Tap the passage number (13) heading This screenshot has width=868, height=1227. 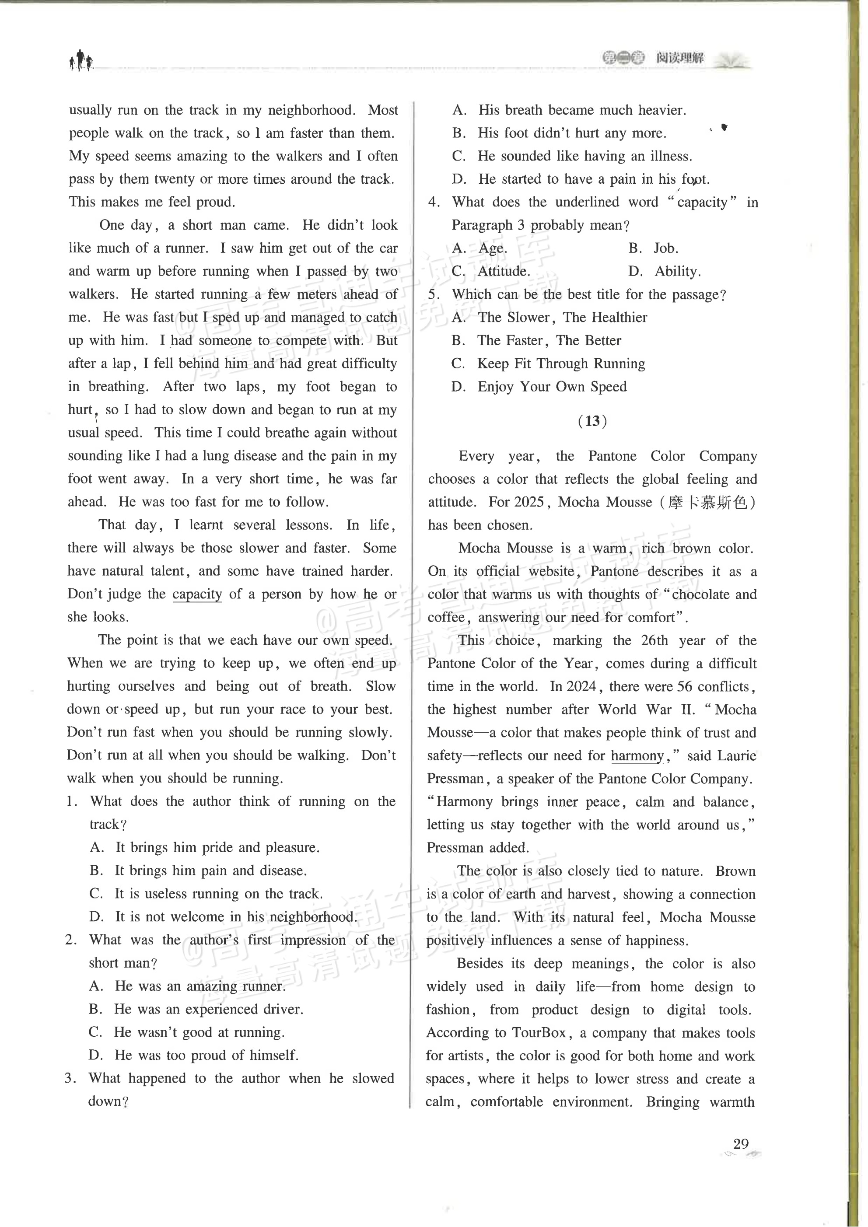[592, 421]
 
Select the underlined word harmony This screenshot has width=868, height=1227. [637, 755]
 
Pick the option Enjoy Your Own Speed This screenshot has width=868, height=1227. [552, 386]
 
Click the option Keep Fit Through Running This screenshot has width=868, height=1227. [561, 364]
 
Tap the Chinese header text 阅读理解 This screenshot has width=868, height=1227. [680, 58]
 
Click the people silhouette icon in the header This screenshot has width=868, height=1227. [81, 60]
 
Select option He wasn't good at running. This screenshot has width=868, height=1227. [199, 1032]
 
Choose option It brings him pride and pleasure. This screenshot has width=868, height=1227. [217, 847]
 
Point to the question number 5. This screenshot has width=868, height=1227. [434, 294]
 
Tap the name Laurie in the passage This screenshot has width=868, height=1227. [736, 755]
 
